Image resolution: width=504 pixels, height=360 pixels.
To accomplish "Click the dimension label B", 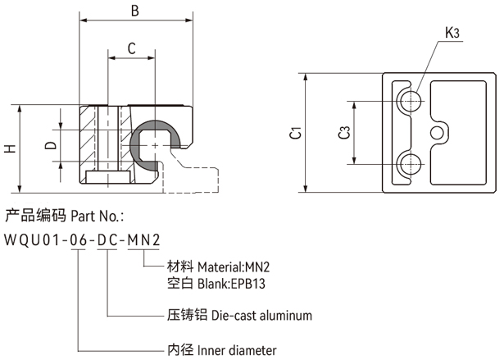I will click(x=136, y=11).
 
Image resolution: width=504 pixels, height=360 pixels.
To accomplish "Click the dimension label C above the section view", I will click(x=131, y=49).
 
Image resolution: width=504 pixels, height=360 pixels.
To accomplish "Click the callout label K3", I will click(x=452, y=33).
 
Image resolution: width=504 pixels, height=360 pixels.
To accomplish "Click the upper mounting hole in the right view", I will click(x=409, y=102).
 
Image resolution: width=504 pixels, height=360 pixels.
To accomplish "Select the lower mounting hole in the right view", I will click(x=409, y=162).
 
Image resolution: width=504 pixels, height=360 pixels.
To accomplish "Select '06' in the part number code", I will click(x=79, y=240).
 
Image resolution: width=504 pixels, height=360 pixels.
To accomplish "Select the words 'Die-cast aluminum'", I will click(x=261, y=315).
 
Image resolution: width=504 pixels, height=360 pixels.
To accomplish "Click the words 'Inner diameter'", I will click(x=237, y=350).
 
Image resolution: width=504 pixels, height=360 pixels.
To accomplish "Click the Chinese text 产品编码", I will click(x=34, y=216).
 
